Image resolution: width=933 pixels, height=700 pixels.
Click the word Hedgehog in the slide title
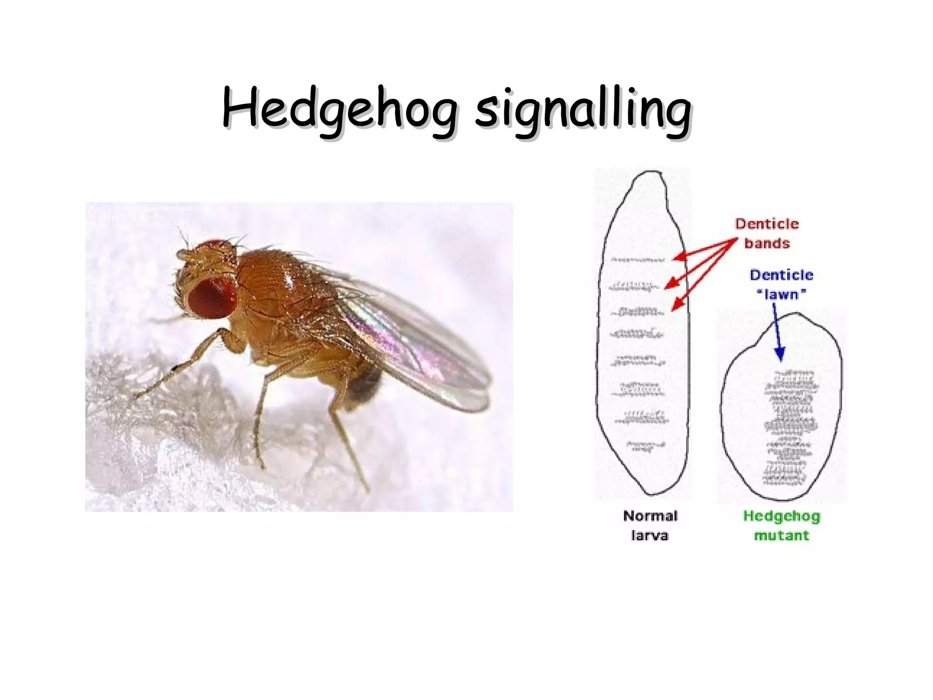point(339,109)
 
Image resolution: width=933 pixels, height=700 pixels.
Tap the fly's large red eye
point(211,299)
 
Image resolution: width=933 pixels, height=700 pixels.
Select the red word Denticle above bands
point(767,224)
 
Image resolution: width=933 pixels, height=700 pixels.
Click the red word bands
point(767,243)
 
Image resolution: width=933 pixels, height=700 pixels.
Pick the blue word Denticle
point(781,275)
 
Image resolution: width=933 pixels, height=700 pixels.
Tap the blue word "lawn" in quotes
point(781,294)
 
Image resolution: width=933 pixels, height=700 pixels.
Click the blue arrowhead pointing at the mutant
point(780,355)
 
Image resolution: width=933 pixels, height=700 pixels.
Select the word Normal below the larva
point(650,516)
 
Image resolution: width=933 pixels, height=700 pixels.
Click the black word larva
point(650,535)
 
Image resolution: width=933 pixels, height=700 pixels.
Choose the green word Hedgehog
point(781,516)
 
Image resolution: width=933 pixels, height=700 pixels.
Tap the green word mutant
point(781,535)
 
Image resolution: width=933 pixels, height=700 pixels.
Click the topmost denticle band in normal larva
point(638,260)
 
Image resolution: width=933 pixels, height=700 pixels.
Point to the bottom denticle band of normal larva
point(646,446)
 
